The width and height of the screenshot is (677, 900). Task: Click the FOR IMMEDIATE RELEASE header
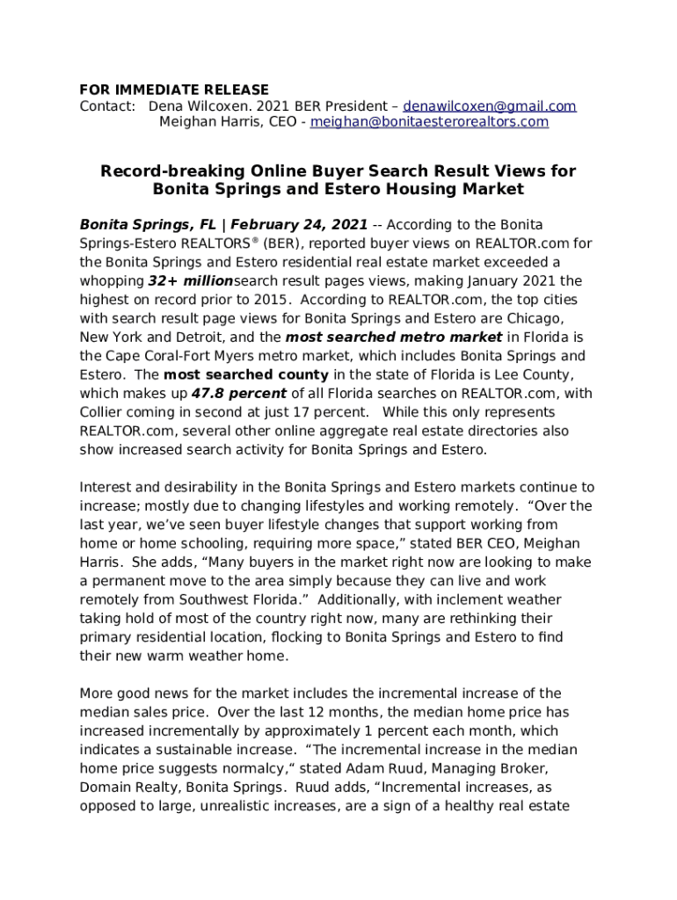point(174,90)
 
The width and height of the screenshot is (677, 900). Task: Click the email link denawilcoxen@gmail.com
point(490,106)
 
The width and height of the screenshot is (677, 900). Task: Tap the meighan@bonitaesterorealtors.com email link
point(429,122)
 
